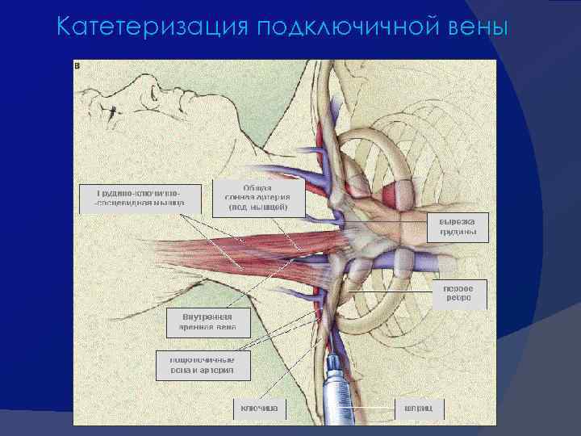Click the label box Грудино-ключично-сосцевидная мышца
pyautogui.click(x=140, y=199)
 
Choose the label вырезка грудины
pyautogui.click(x=457, y=226)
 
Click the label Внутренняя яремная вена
pyautogui.click(x=207, y=322)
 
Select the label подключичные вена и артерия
pyautogui.click(x=202, y=365)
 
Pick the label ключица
pyautogui.click(x=259, y=409)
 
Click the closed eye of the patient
pyautogui.click(x=129, y=89)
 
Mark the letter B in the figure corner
pyautogui.click(x=77, y=65)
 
